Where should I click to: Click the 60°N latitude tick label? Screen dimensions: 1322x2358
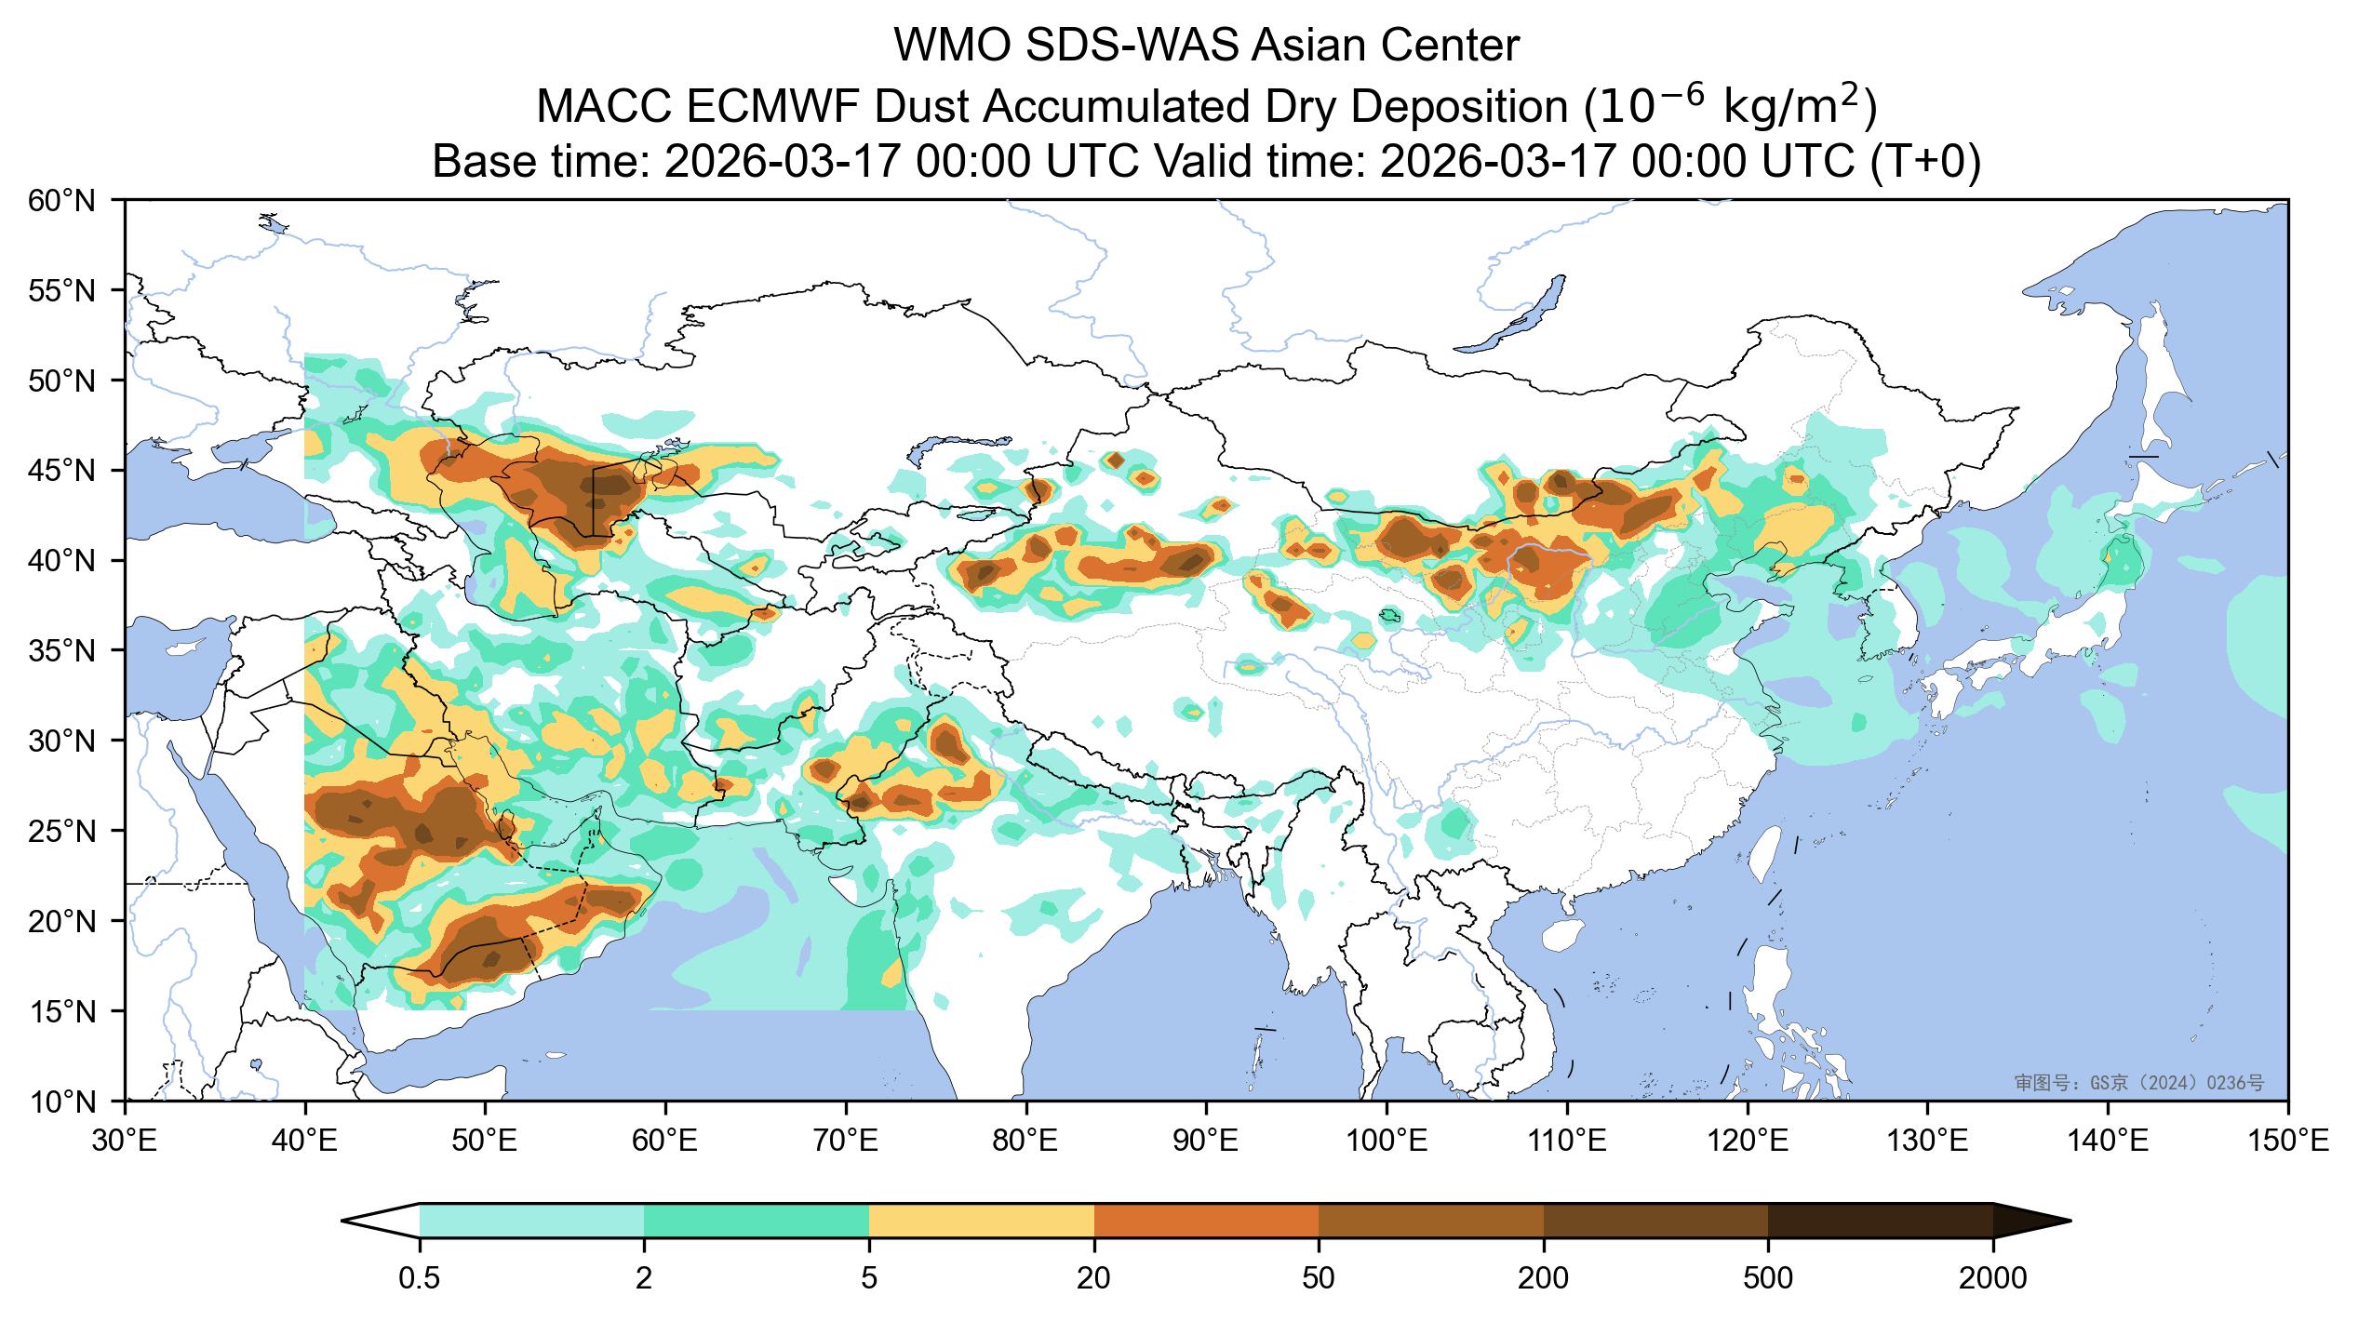pyautogui.click(x=62, y=200)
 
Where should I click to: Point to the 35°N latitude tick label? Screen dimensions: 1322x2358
pyautogui.click(x=62, y=650)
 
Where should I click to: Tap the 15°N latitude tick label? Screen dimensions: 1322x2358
pyautogui.click(x=62, y=1011)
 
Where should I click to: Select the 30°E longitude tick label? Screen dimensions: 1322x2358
pyautogui.click(x=125, y=1142)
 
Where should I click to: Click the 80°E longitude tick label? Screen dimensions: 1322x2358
pyautogui.click(x=1026, y=1142)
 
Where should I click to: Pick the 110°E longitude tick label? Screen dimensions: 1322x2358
pyautogui.click(x=1567, y=1142)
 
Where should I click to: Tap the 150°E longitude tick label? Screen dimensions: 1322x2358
pyautogui.click(x=2287, y=1142)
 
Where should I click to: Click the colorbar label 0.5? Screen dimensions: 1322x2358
pyautogui.click(x=419, y=1279)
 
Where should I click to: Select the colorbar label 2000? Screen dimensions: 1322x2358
pyautogui.click(x=1992, y=1279)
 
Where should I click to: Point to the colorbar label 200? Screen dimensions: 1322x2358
pyautogui.click(x=1543, y=1279)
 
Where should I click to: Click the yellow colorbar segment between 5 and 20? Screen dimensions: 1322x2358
pyautogui.click(x=982, y=1221)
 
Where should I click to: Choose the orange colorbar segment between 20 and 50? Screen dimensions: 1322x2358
pyautogui.click(x=1206, y=1221)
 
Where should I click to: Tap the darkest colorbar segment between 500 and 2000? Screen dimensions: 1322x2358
pyautogui.click(x=1880, y=1221)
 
